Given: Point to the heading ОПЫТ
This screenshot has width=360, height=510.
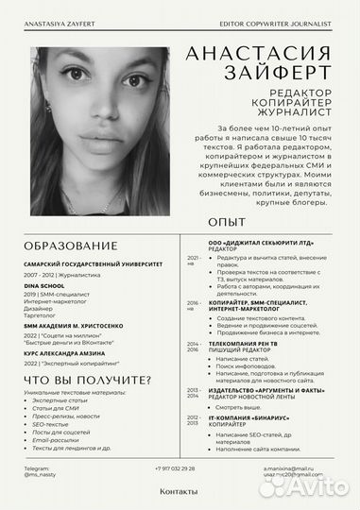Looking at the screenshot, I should [x=220, y=222].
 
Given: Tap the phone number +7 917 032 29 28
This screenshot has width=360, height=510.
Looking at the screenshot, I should [x=175, y=469].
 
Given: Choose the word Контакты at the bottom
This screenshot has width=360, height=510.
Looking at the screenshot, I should [x=180, y=492].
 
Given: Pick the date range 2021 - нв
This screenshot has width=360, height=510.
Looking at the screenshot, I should [x=193, y=260].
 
